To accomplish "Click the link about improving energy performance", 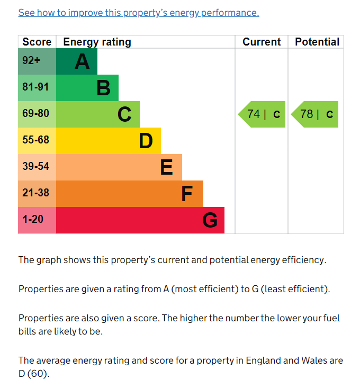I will tap(139, 13).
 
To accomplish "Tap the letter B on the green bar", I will tap(104, 88).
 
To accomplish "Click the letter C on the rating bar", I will tap(124, 114).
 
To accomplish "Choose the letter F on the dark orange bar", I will tap(186, 194).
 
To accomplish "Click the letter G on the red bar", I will tap(210, 220).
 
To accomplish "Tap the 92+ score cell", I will tap(37, 61).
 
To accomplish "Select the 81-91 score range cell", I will tap(37, 87).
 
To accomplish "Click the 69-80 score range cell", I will tap(37, 114).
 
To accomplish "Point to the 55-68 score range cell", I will tap(37, 140).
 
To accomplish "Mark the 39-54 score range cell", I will tap(37, 167).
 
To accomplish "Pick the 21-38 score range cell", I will tap(37, 193).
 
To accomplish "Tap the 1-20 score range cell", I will tap(37, 220).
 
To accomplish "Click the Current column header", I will tap(262, 42).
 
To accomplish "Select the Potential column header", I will tap(317, 42).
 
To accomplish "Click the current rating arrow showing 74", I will tap(263, 114).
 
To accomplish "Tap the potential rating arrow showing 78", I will tap(316, 114).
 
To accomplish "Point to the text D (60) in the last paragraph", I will tap(33, 374).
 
